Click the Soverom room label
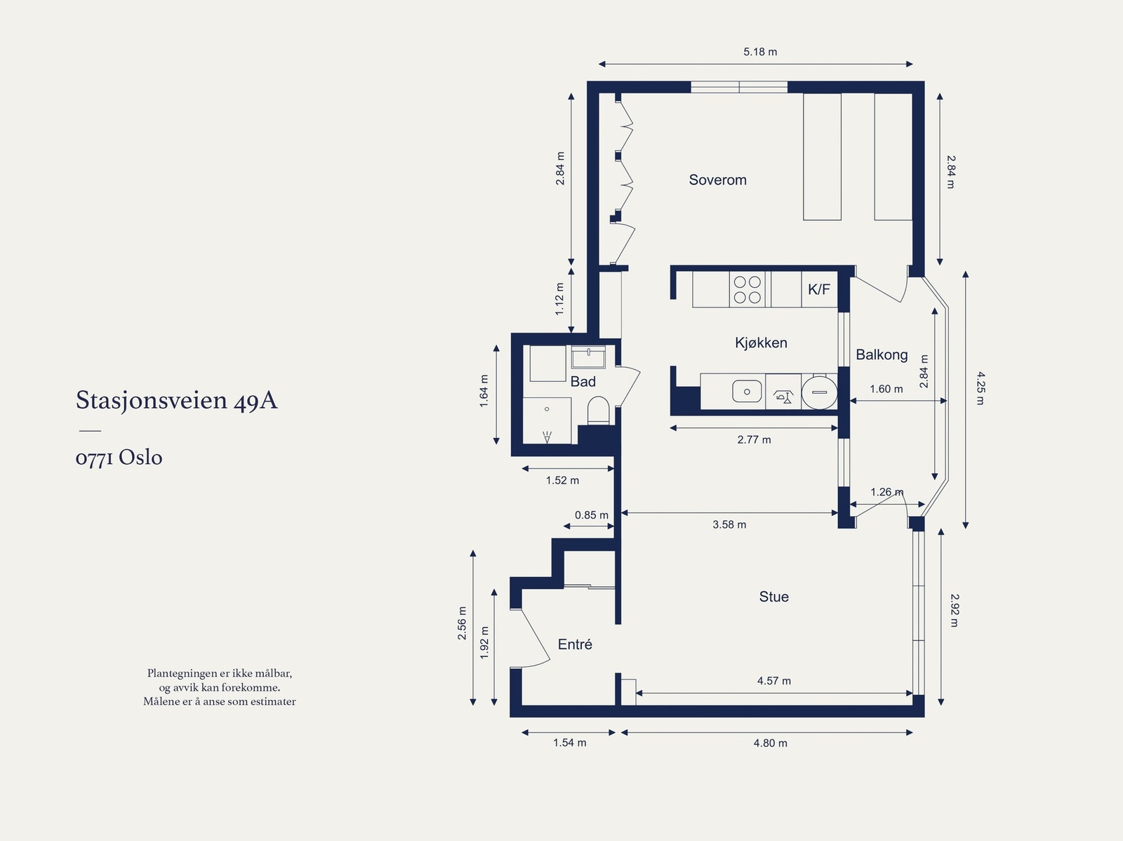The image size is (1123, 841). (x=717, y=180)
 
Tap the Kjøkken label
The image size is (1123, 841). (x=761, y=343)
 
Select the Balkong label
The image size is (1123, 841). (x=882, y=355)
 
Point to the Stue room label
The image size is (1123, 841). (x=773, y=597)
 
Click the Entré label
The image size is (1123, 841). (x=575, y=644)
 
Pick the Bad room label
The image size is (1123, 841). (x=583, y=382)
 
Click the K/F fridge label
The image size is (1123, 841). (x=818, y=289)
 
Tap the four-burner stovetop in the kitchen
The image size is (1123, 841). (x=747, y=289)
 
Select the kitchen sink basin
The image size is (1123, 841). (x=747, y=392)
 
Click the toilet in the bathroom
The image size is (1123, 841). (x=597, y=410)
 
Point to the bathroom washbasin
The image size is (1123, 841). (x=588, y=357)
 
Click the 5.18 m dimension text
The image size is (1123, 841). (x=759, y=52)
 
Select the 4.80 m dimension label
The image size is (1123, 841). (x=770, y=743)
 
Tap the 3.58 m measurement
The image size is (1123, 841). (x=729, y=524)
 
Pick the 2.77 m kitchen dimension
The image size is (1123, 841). (x=754, y=439)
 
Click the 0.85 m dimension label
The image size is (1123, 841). (x=592, y=515)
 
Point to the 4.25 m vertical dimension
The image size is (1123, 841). (x=980, y=388)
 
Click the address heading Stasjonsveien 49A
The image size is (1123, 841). (x=176, y=401)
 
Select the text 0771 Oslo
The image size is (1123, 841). (x=119, y=457)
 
